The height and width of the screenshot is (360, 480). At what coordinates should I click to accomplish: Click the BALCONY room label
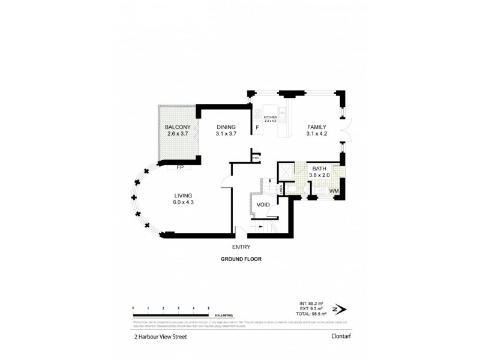[178, 127]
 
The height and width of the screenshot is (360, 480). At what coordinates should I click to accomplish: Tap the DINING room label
[226, 127]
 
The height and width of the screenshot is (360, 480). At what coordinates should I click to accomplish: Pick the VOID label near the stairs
[263, 205]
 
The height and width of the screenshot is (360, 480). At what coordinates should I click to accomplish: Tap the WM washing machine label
[334, 191]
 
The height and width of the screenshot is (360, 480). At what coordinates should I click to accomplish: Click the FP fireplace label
[179, 167]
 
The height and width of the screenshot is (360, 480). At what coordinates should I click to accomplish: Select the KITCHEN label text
[270, 117]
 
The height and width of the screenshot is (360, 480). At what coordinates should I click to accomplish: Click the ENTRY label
[240, 247]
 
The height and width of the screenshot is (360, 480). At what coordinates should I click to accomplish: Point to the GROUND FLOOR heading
[239, 259]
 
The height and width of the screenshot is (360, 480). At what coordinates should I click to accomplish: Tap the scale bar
[170, 314]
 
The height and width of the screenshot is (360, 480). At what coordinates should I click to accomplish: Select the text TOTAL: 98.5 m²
[312, 314]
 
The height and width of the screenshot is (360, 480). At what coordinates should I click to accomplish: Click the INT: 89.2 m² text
[312, 303]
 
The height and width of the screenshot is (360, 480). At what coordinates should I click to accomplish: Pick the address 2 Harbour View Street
[161, 337]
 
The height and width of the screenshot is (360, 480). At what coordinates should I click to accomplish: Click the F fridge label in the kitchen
[257, 128]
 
